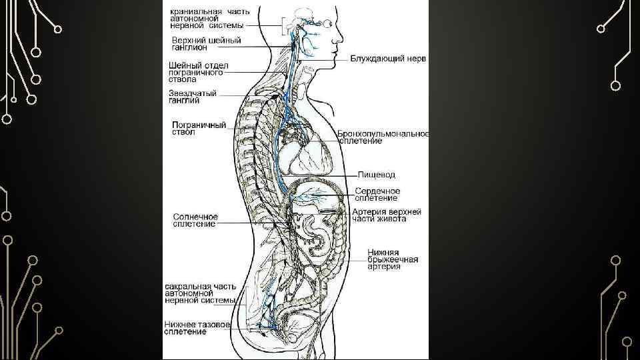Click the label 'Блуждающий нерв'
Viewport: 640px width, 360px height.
point(388,59)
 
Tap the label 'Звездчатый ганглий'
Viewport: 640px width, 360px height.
point(193,97)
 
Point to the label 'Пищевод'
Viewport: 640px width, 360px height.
point(377,175)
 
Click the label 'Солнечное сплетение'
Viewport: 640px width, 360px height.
point(195,221)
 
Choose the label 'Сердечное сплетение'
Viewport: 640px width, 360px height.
point(377,194)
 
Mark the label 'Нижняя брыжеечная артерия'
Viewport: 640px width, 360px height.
point(393,260)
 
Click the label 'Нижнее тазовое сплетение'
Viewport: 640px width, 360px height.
point(197,328)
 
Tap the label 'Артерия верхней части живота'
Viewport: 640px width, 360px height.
point(387,215)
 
